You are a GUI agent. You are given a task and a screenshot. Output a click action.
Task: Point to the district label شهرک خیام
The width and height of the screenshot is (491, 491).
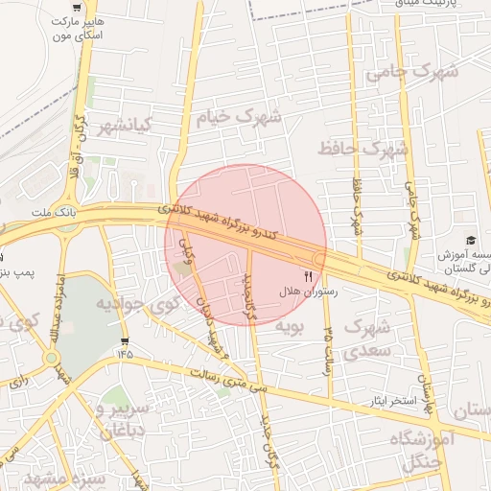click(238, 118)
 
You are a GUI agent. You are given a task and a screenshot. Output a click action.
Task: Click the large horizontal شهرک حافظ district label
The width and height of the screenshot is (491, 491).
click(363, 148)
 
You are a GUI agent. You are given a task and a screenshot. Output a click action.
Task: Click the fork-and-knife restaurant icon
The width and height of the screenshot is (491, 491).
click(308, 275)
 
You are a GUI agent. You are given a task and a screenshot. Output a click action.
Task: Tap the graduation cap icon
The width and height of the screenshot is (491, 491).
click(471, 240)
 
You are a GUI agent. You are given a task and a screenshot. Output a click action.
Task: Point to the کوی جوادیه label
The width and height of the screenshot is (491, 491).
click(138, 305)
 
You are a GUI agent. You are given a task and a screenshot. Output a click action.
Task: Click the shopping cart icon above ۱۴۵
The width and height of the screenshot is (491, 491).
click(126, 341)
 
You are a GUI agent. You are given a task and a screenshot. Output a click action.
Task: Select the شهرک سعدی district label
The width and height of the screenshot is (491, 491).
click(365, 340)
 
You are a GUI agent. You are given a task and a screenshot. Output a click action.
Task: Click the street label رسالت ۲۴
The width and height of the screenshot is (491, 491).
click(329, 346)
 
